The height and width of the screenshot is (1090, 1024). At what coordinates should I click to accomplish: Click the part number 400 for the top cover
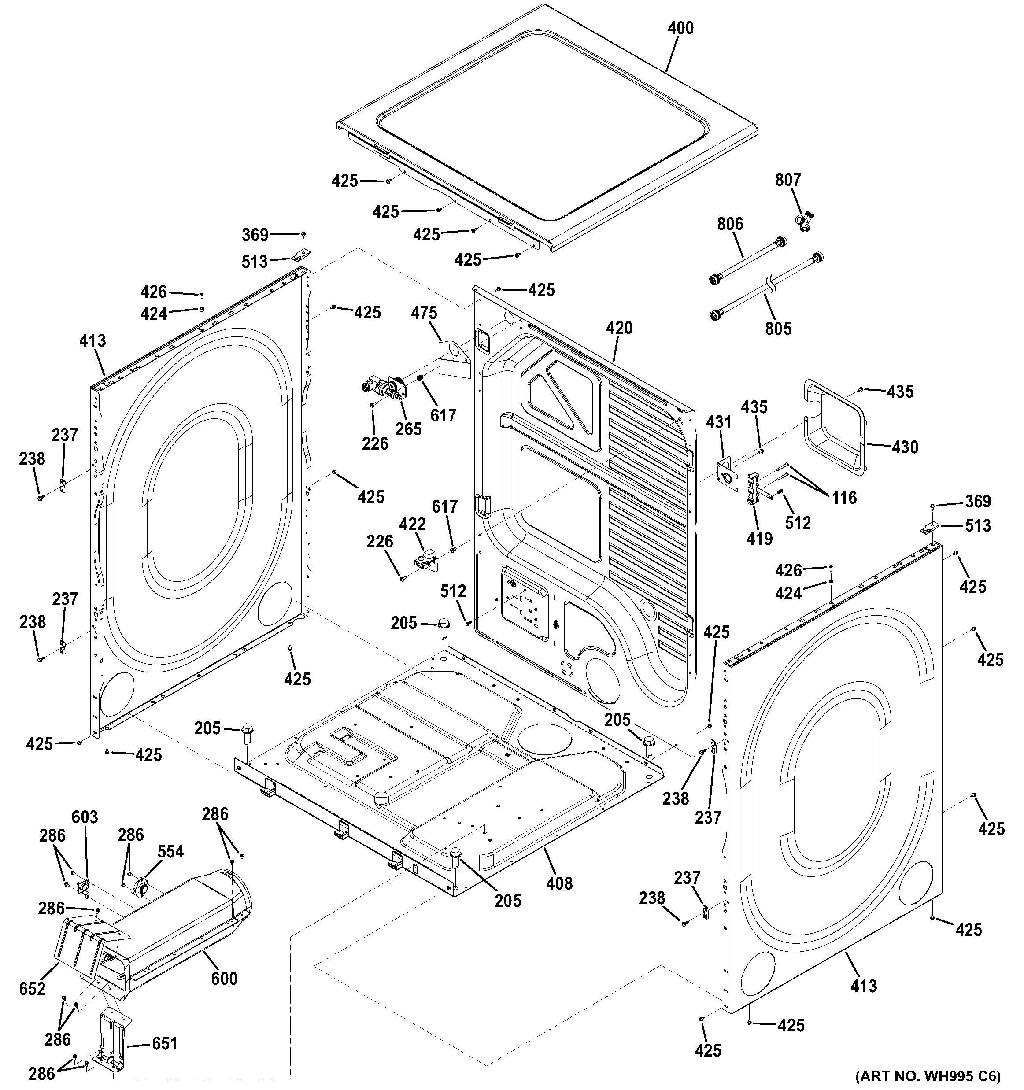(680, 28)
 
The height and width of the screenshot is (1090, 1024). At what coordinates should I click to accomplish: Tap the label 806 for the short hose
(730, 224)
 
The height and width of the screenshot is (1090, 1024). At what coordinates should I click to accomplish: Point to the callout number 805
(778, 329)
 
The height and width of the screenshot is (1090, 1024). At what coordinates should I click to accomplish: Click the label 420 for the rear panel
(619, 328)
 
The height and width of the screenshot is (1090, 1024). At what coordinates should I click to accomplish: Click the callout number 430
(905, 447)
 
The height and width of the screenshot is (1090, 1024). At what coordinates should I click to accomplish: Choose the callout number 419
(759, 539)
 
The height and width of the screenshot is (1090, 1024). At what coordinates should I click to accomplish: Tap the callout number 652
(32, 989)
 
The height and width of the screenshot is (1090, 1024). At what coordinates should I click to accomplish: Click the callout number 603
(85, 817)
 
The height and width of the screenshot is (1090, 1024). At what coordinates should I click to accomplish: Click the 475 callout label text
(424, 313)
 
